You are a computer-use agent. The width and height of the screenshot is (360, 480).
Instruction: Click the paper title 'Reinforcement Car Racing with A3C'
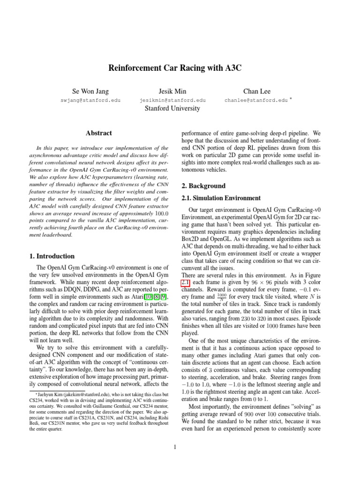click(x=175, y=67)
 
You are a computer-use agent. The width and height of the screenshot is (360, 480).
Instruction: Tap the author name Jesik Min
click(x=172, y=91)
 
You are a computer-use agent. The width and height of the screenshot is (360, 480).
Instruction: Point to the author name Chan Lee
click(x=256, y=91)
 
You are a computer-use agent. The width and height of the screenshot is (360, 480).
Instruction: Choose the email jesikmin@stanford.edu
click(x=172, y=100)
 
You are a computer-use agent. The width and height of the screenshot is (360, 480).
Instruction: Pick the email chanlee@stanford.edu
click(x=256, y=100)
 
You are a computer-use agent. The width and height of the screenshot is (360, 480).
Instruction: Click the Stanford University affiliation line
click(x=172, y=109)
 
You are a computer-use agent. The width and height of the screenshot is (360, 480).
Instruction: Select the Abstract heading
click(x=98, y=133)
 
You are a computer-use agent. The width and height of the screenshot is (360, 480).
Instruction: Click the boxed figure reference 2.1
click(x=186, y=283)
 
